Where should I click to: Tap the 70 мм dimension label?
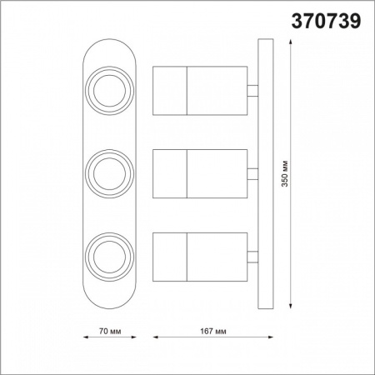tap(110, 331)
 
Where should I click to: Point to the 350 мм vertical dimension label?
tap(284, 173)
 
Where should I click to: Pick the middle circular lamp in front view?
tap(107, 172)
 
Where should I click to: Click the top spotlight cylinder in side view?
tap(200, 89)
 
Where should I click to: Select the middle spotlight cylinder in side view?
tap(200, 173)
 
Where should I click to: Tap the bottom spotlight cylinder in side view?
tap(200, 256)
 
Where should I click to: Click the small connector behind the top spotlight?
tap(252, 89)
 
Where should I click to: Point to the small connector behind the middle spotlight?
tap(252, 173)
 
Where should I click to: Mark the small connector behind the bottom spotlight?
tap(252, 256)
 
